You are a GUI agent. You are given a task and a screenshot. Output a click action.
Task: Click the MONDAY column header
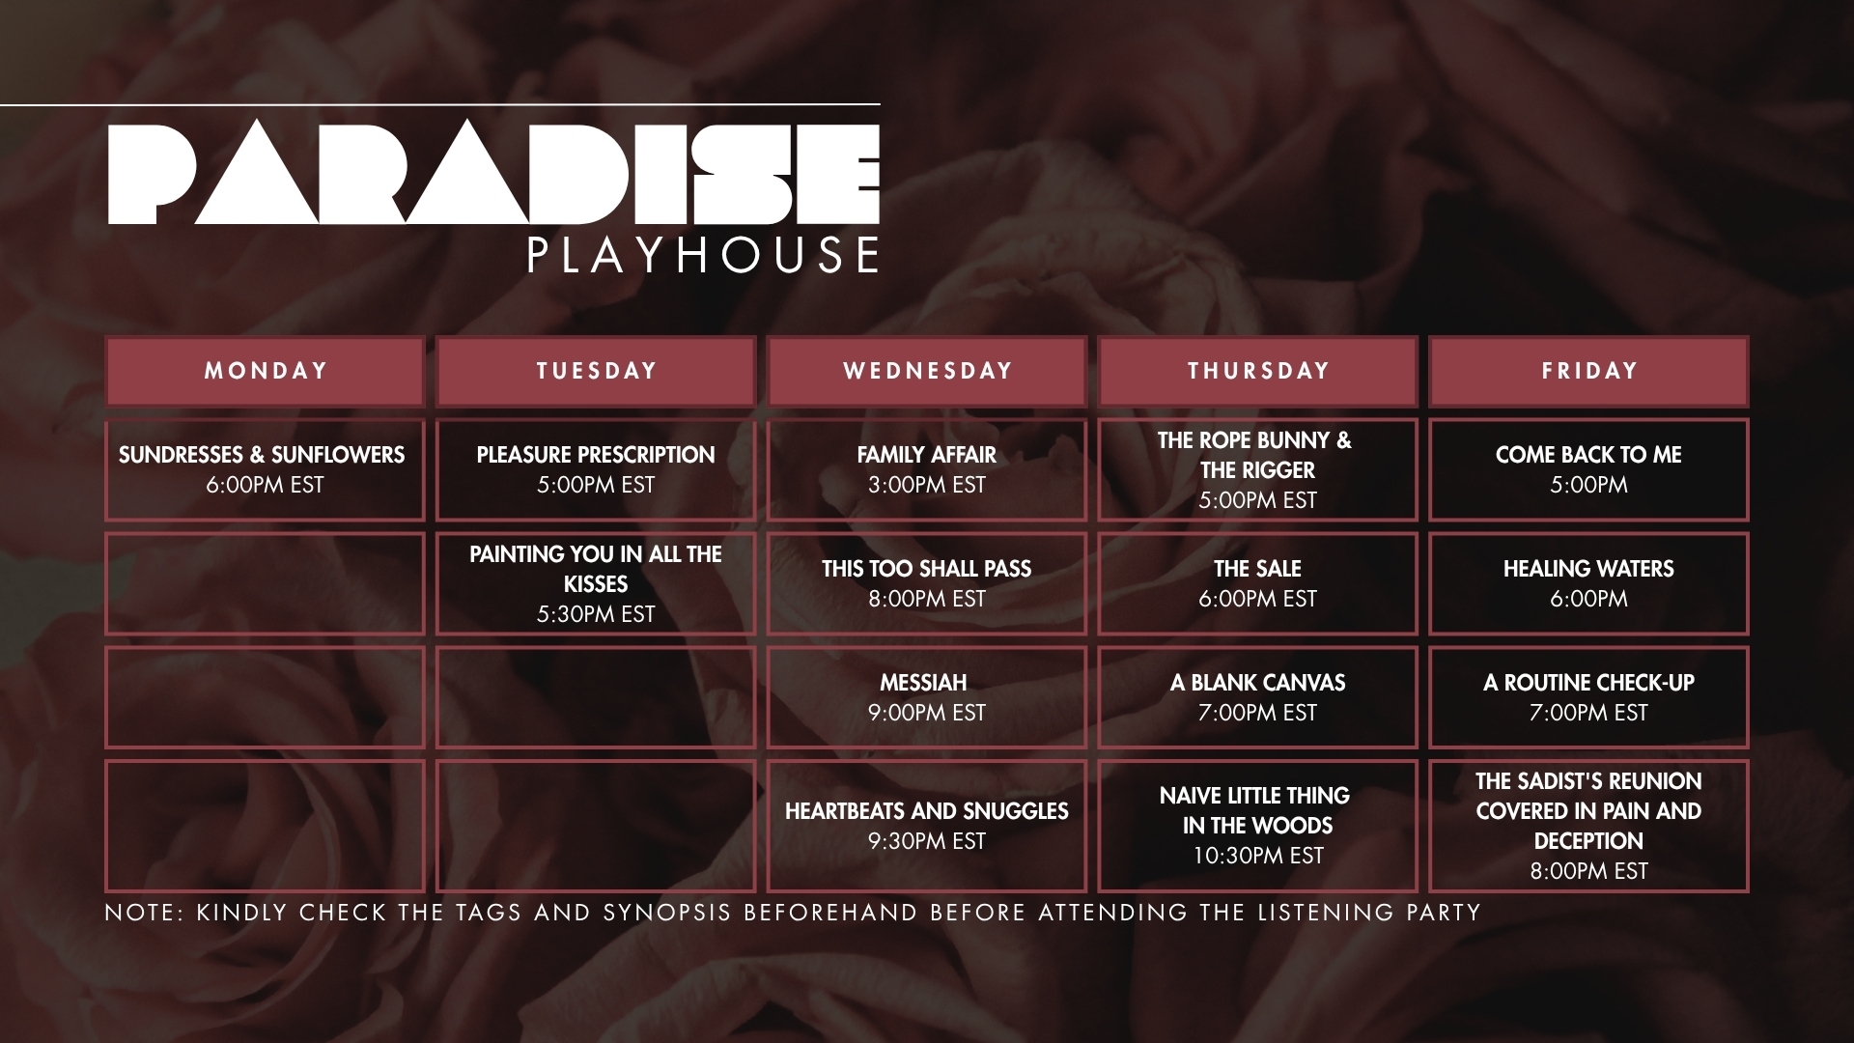pyautogui.click(x=265, y=371)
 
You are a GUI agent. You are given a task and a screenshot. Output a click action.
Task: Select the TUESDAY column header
pyautogui.click(x=596, y=371)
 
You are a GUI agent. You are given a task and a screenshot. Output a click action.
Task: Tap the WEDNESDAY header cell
pyautogui.click(x=927, y=371)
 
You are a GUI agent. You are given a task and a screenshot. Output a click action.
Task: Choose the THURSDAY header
pyautogui.click(x=1257, y=371)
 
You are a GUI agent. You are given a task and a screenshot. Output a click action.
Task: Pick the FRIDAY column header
pyautogui.click(x=1588, y=371)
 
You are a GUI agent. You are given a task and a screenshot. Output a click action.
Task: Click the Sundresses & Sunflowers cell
pyautogui.click(x=265, y=469)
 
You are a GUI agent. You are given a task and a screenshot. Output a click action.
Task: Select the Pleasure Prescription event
pyautogui.click(x=596, y=469)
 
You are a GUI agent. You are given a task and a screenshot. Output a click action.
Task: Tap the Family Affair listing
pyautogui.click(x=927, y=469)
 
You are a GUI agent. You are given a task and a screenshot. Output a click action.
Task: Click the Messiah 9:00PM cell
pyautogui.click(x=927, y=697)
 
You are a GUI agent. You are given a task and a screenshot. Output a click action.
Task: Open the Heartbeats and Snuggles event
pyautogui.click(x=927, y=826)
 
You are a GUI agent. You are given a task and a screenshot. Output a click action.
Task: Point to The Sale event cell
pyautogui.click(x=1257, y=583)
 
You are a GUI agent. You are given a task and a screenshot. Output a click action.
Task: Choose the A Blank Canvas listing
pyautogui.click(x=1257, y=697)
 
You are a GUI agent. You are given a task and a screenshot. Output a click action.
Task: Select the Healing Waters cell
pyautogui.click(x=1588, y=583)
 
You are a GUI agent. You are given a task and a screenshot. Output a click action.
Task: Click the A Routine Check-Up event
pyautogui.click(x=1588, y=697)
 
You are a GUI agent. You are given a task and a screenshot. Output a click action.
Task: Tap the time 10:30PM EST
pyautogui.click(x=1257, y=856)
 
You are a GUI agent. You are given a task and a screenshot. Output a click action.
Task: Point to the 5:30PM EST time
pyautogui.click(x=596, y=614)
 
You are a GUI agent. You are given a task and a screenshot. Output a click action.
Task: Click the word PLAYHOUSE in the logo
pyautogui.click(x=703, y=255)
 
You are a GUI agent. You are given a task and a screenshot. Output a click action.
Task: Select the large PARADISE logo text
pyautogui.click(x=493, y=174)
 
